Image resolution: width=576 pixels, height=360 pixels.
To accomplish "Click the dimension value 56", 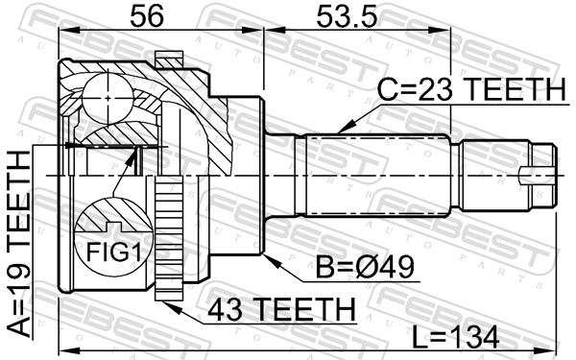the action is click(147, 16).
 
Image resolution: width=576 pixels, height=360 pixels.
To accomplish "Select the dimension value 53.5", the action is click(347, 16).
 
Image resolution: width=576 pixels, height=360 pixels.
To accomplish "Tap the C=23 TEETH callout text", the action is click(472, 89).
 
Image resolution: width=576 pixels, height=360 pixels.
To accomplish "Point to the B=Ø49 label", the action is click(366, 267).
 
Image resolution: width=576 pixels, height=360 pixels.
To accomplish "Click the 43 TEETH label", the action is click(281, 309).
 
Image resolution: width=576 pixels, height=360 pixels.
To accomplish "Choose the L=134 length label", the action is click(455, 337).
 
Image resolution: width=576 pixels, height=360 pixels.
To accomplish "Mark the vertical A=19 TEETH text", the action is click(18, 244).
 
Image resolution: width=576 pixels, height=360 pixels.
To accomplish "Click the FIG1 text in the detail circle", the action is click(113, 252).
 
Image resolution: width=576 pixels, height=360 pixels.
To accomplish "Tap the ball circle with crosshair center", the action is click(108, 98).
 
